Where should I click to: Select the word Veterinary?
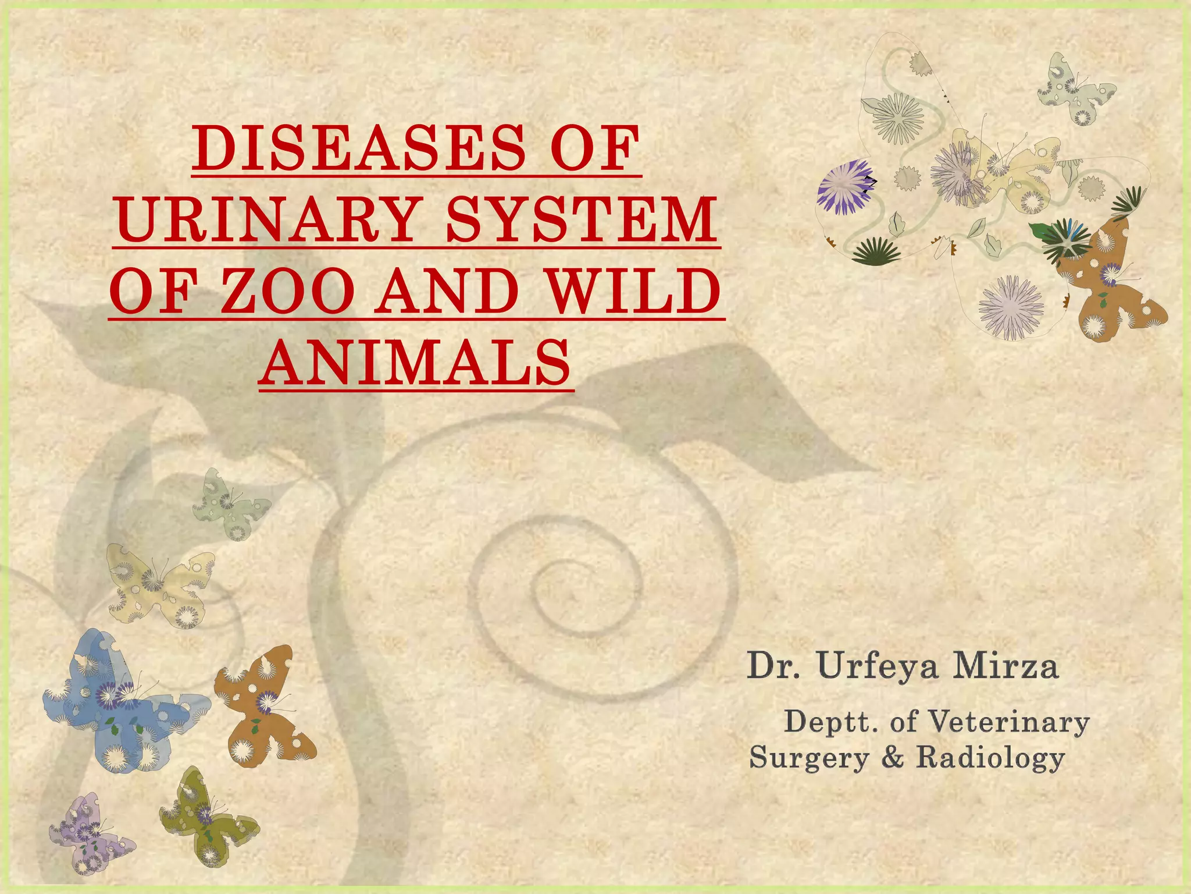[1008, 722]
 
